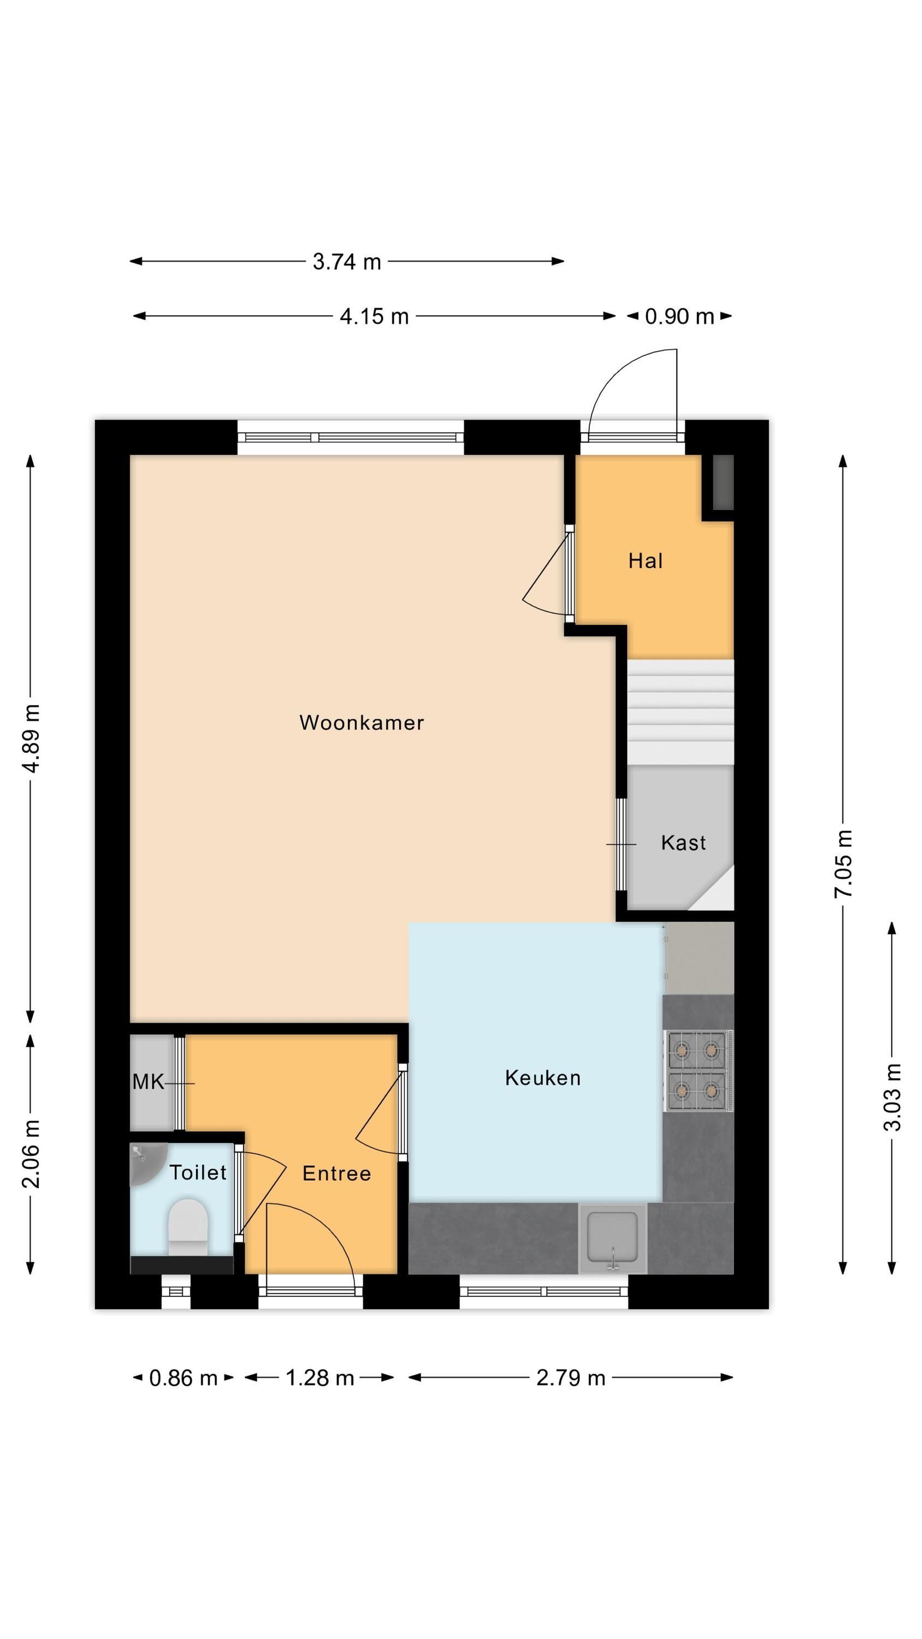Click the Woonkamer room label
pos(362,722)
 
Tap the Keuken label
pos(543,1077)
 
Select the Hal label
pos(645,561)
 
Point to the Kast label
pos(683,842)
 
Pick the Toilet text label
pos(198,1171)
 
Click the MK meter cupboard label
pos(148,1082)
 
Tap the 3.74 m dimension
pos(347,262)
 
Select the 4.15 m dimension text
pos(374,316)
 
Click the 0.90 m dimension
pos(679,316)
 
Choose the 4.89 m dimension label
pos(31,738)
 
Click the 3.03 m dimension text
pos(892,1097)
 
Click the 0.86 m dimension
pos(184,1378)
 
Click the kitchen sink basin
pos(612,1237)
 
